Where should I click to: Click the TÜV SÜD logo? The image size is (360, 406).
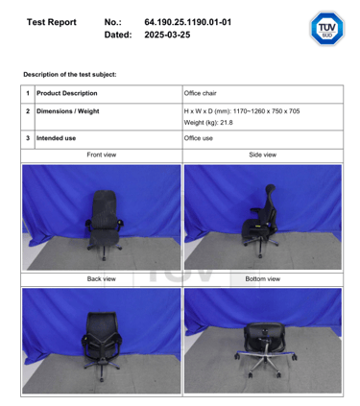click(x=326, y=28)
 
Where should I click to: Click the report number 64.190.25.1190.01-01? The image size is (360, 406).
click(x=188, y=22)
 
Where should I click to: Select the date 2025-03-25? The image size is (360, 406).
click(x=167, y=35)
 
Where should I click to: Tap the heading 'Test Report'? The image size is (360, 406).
click(x=52, y=22)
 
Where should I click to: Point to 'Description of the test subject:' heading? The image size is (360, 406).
click(x=70, y=75)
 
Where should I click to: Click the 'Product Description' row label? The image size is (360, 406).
click(x=67, y=93)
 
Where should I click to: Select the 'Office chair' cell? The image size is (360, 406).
click(x=200, y=93)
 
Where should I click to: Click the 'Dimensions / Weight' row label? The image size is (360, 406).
click(x=68, y=111)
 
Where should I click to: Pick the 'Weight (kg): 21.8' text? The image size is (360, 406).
click(x=208, y=123)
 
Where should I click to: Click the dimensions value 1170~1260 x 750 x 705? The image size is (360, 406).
click(x=266, y=111)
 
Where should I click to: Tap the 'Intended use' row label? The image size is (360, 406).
click(x=56, y=138)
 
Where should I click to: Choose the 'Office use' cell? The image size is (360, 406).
click(x=199, y=138)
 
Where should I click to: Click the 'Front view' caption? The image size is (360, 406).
click(x=102, y=155)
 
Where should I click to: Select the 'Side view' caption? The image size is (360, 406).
click(x=263, y=155)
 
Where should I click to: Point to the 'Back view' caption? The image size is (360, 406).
click(x=102, y=279)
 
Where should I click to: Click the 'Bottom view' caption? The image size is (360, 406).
click(x=263, y=279)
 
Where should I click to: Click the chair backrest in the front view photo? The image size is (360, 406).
click(x=104, y=208)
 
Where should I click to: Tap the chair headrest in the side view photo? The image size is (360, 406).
click(x=271, y=189)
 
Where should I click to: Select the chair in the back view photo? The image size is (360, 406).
click(x=102, y=345)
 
